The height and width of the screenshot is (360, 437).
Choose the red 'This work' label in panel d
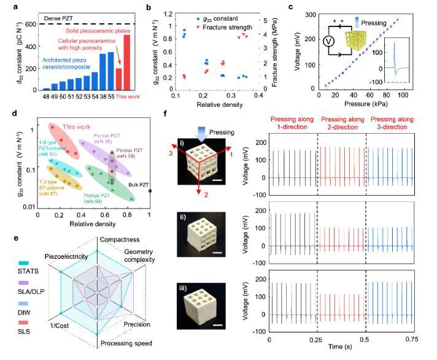pyautogui.click(x=75, y=119)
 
